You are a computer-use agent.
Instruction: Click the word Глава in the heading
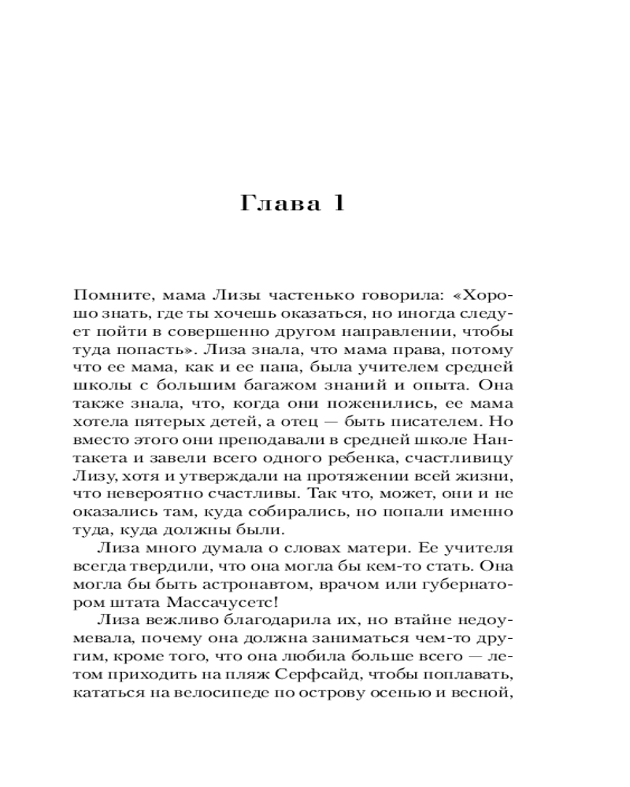point(279,203)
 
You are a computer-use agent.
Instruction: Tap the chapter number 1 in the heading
point(337,203)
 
